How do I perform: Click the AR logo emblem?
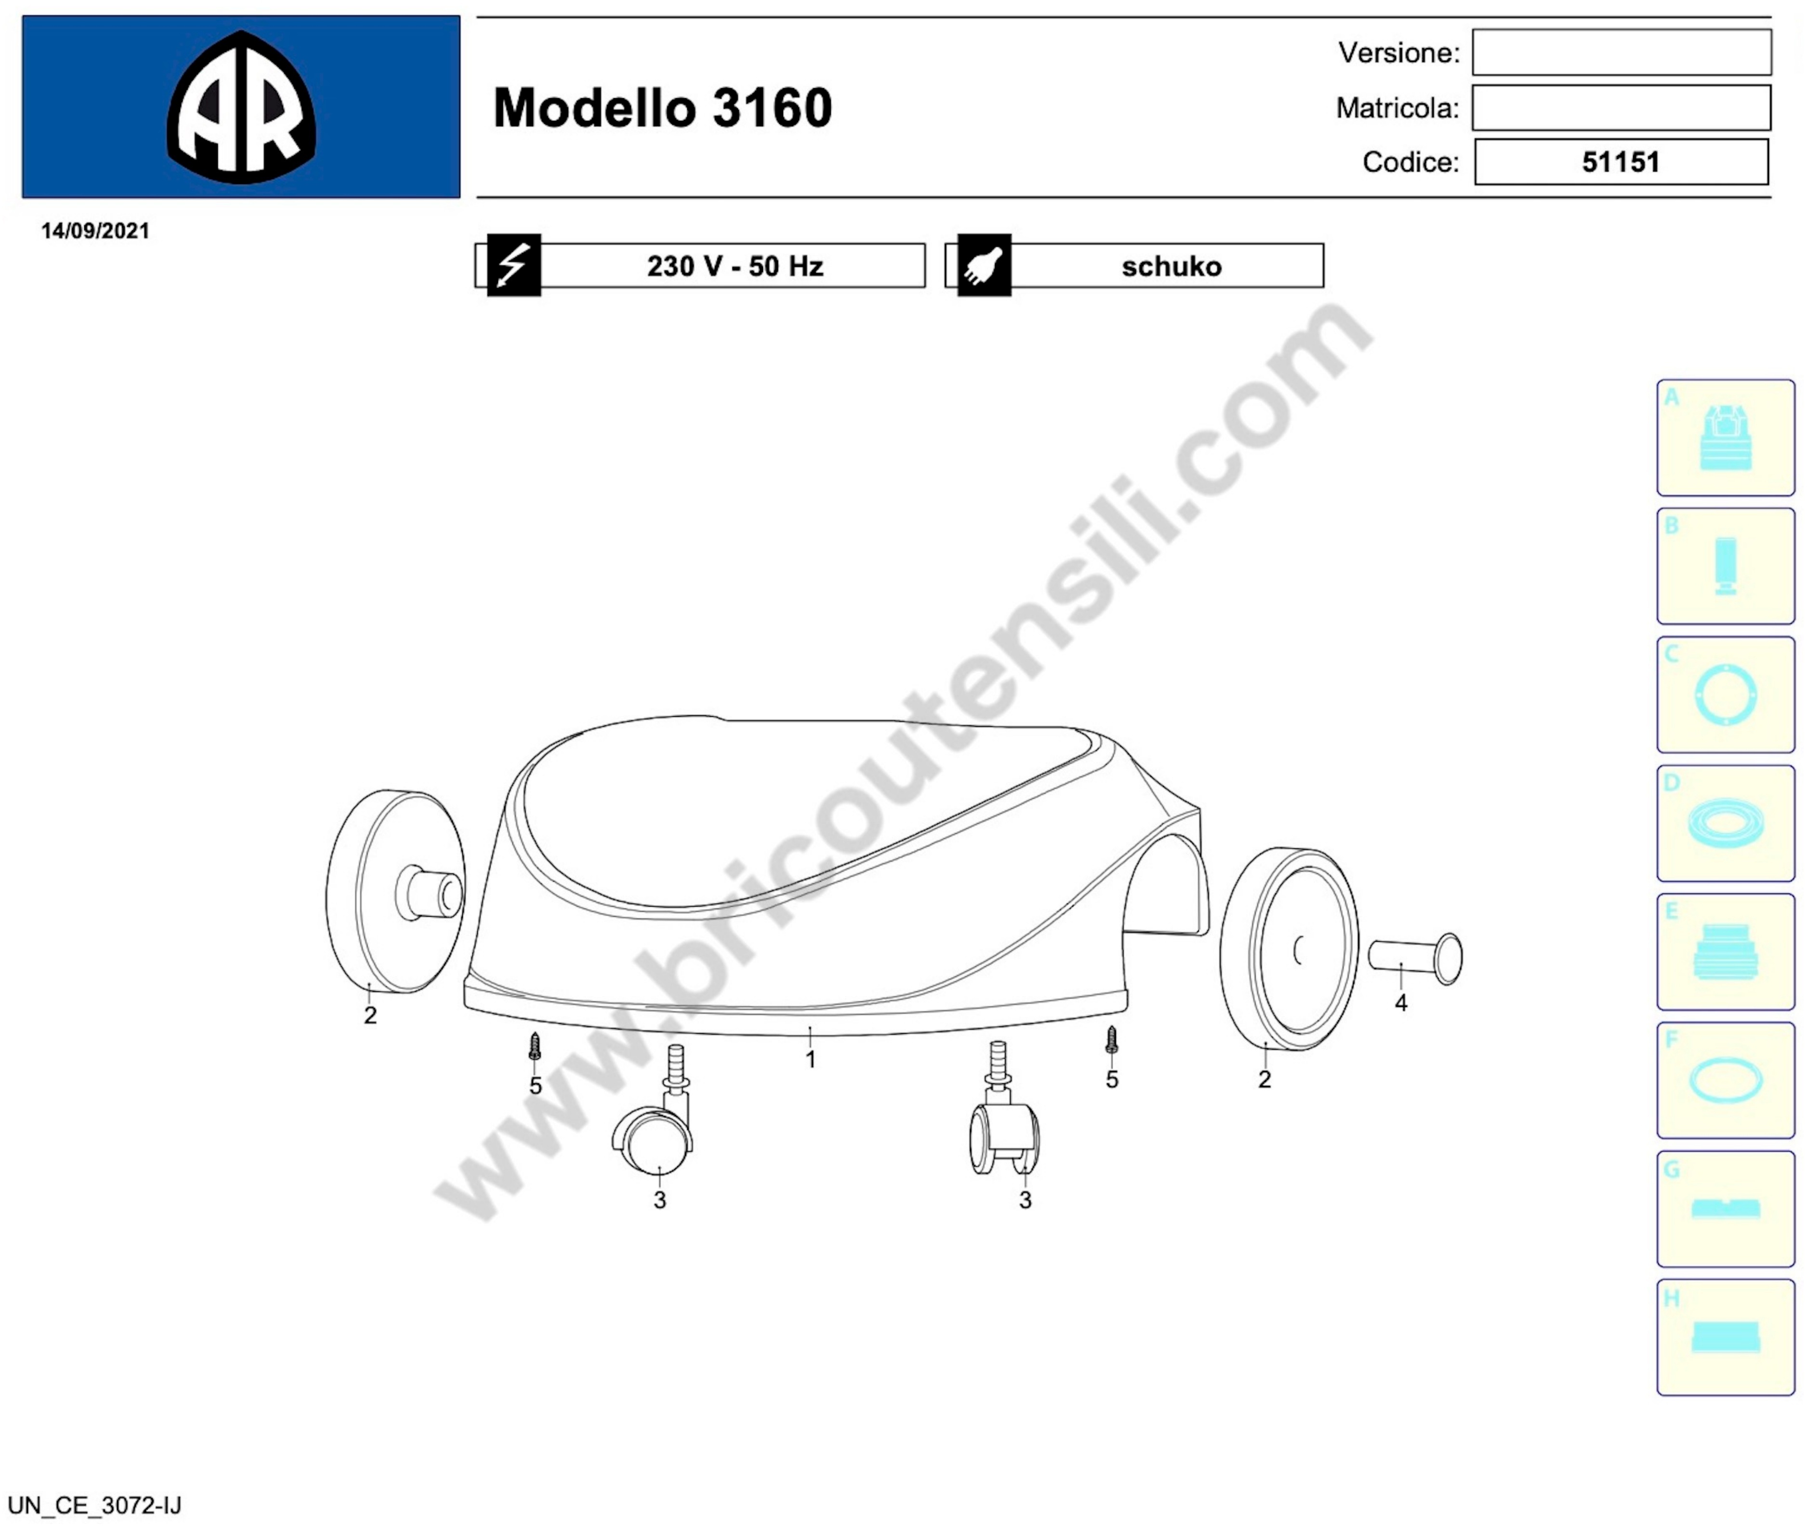pos(241,107)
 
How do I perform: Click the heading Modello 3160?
pos(663,108)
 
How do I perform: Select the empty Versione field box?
pos(1622,52)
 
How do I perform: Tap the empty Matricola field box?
pos(1622,107)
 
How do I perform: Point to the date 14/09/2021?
pos(95,231)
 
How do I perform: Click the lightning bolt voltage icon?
pos(514,265)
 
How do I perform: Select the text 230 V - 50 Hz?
pos(735,265)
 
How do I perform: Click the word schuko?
pos(1172,265)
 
